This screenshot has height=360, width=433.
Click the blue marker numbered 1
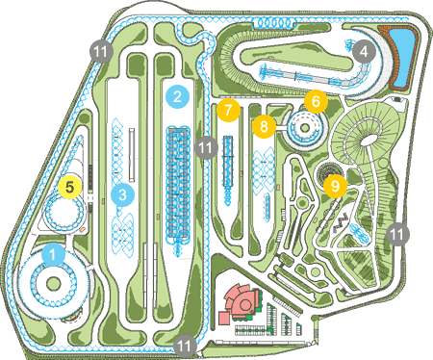53,255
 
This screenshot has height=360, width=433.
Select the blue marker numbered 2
177,96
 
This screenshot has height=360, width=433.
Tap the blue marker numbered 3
122,194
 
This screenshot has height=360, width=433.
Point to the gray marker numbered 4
364,51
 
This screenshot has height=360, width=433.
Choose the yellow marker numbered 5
70,187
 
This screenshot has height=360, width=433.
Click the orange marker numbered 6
316,102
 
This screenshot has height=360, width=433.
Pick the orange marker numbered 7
228,110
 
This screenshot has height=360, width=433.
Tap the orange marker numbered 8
264,126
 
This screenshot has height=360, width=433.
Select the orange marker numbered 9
335,186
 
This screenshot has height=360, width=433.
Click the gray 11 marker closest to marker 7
206,147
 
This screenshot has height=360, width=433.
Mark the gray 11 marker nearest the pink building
185,346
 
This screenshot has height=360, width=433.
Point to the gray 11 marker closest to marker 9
398,234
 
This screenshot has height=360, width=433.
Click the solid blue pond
404,58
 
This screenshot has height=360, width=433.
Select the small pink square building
225,318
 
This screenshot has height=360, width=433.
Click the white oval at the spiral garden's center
369,140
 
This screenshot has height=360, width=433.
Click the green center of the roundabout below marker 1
53,284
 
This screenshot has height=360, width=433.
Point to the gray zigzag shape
341,222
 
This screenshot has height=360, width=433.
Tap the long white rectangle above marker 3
131,155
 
